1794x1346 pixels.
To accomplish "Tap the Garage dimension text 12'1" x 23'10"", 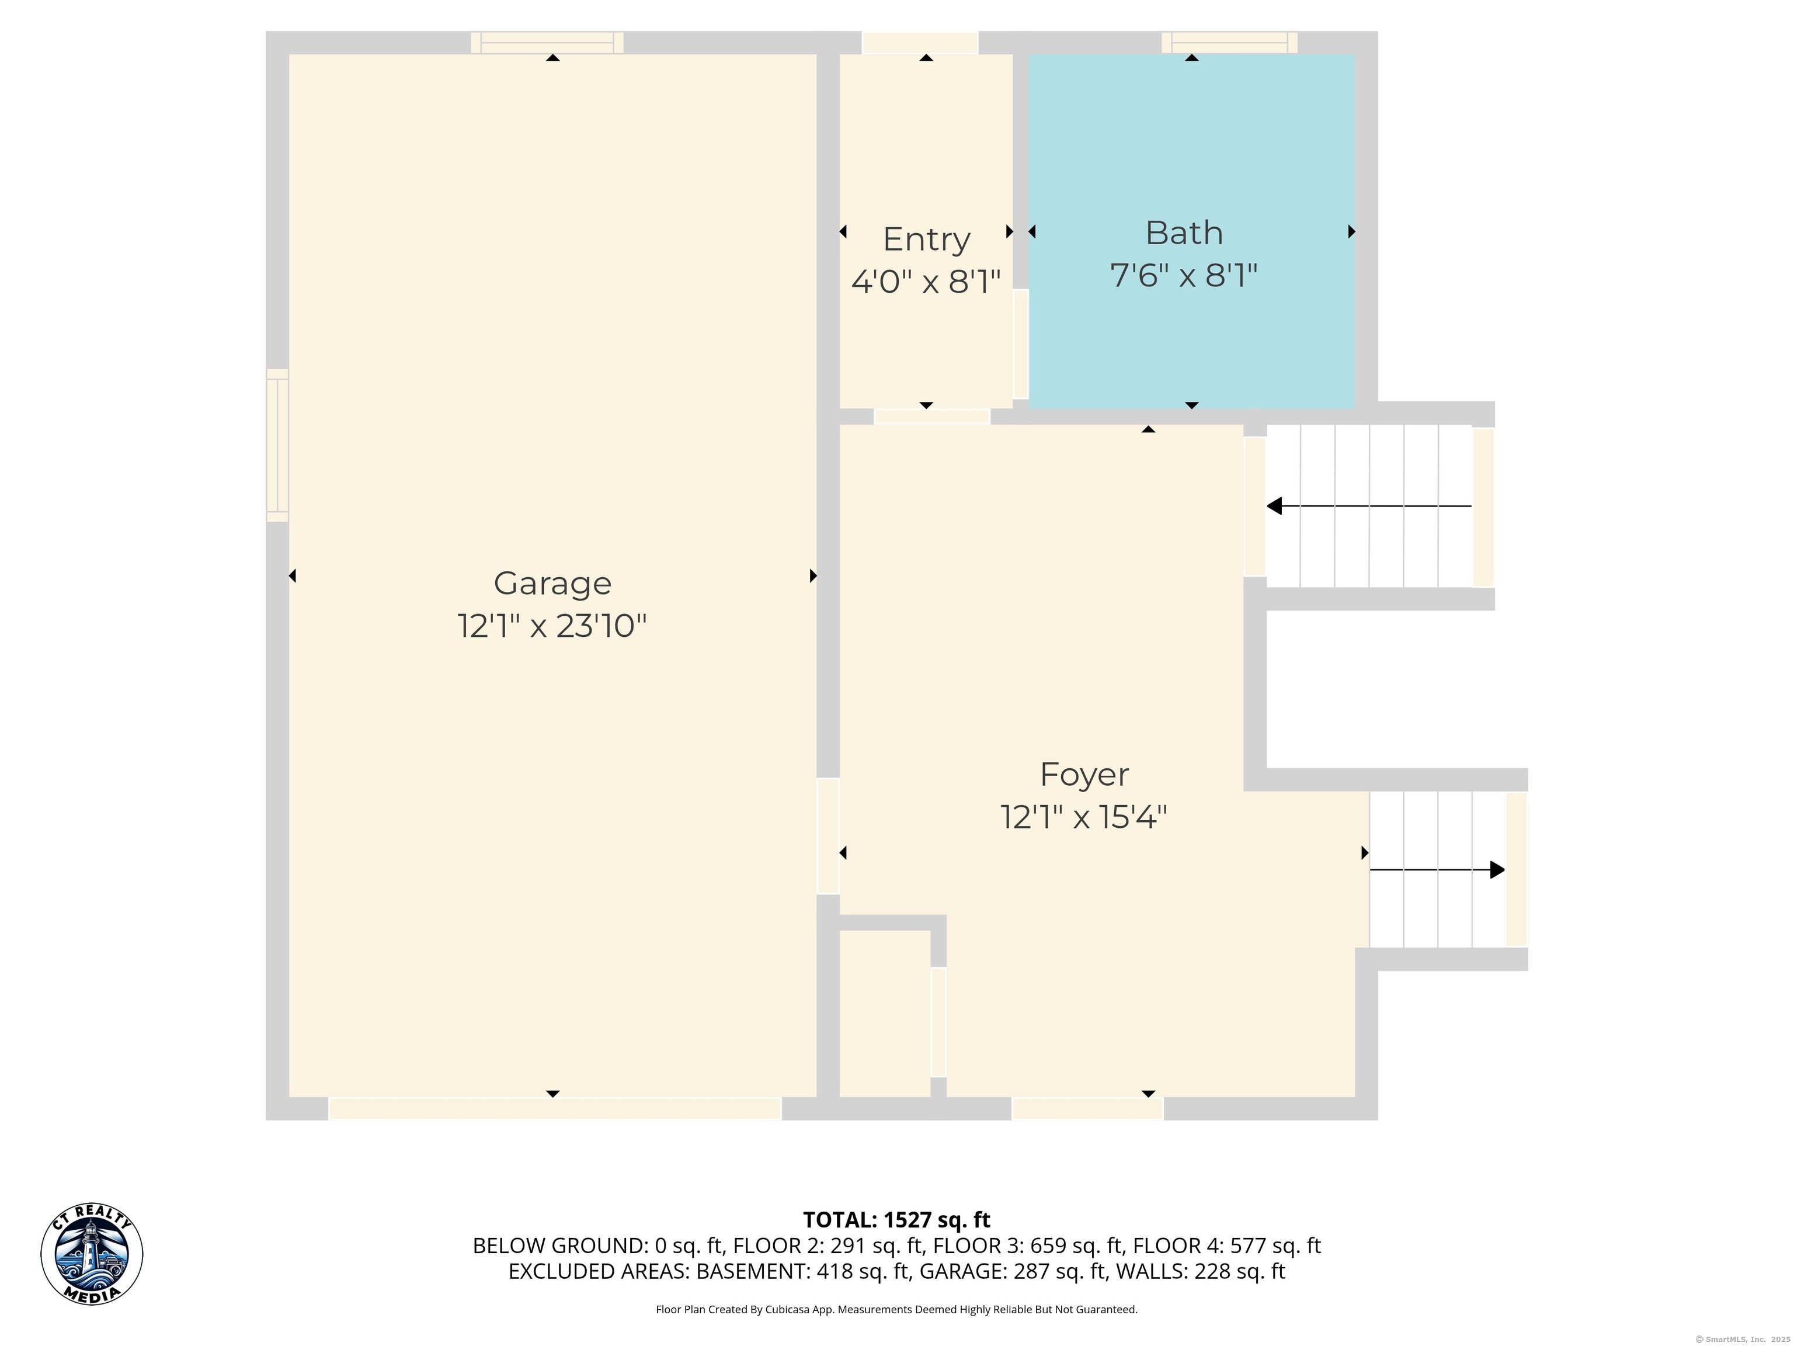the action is tap(552, 626).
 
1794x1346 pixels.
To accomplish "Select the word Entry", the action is tap(926, 240).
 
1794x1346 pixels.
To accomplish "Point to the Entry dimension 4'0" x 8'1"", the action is tap(926, 282).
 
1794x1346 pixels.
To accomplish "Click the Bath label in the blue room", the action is tap(1184, 233).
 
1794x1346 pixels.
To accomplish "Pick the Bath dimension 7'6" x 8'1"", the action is tap(1184, 275).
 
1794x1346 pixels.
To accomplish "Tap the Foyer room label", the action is tap(1084, 775).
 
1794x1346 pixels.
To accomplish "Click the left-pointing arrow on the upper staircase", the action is tap(1369, 507).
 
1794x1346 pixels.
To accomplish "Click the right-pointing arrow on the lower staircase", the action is tap(1437, 870).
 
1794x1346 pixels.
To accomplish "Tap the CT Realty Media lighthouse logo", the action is tap(92, 1254).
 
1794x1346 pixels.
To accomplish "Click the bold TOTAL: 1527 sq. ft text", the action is tap(896, 1219).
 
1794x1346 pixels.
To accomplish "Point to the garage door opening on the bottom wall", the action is tap(555, 1108).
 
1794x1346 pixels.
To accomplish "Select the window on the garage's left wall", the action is tap(277, 445).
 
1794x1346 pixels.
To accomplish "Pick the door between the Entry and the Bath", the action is tap(1020, 344).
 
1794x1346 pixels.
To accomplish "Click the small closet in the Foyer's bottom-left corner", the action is tap(885, 1014).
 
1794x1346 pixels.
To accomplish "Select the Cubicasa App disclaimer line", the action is tap(896, 1309).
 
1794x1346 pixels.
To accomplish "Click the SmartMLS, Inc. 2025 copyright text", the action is tap(1743, 1339).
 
